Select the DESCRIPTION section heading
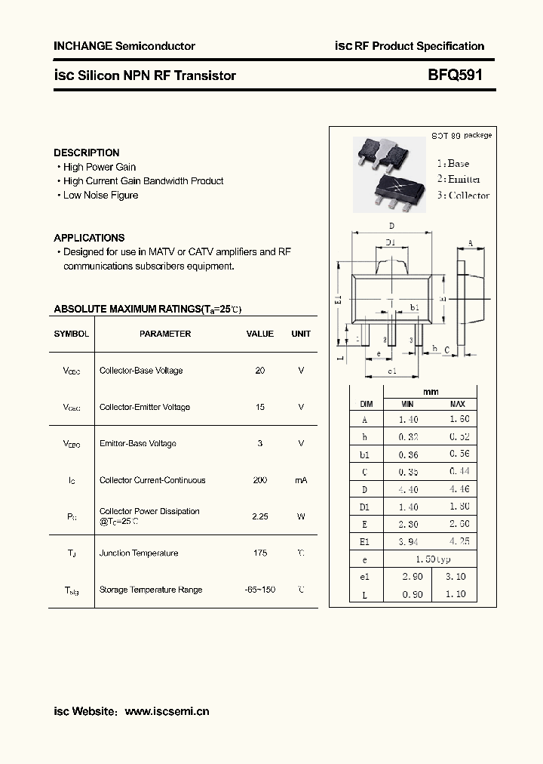coord(87,152)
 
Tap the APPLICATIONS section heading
coord(89,238)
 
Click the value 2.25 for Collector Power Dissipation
coord(260,516)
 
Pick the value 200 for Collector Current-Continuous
coord(260,480)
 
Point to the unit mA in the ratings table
coord(301,480)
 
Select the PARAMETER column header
coord(165,334)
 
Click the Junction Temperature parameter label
coord(139,553)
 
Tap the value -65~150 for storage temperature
coord(260,590)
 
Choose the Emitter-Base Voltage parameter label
coord(138,444)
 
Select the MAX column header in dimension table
coord(458,404)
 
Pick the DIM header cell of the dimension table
coord(366,404)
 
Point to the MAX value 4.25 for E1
coord(458,541)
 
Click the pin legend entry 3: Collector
coord(463,196)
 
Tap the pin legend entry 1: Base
coord(452,163)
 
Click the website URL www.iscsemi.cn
coord(167,711)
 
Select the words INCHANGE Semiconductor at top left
coord(124,46)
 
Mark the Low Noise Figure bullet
coord(100,196)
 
